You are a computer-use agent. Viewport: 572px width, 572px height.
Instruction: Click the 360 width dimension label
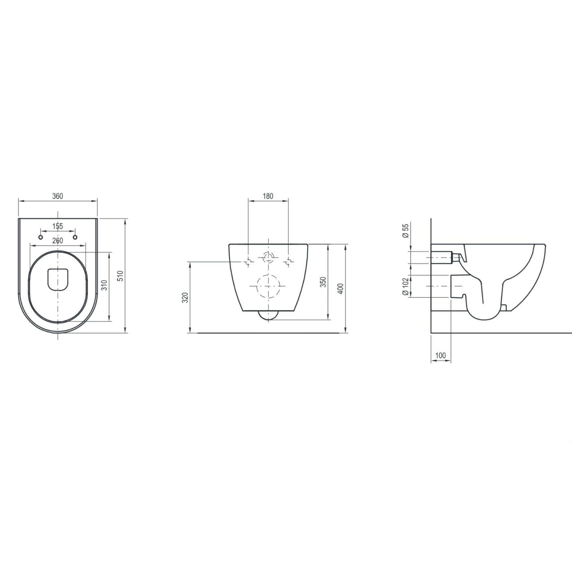point(57,196)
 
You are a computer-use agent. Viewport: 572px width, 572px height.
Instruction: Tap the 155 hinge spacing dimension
point(58,226)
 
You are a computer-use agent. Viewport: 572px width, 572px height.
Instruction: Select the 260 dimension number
point(58,241)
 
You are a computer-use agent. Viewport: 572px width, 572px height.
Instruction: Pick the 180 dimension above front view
point(268,196)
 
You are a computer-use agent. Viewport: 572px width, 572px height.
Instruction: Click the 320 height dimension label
point(185,297)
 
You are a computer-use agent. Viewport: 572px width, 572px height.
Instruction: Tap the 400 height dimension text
point(340,288)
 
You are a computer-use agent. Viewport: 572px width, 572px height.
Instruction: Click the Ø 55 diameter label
point(405,231)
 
